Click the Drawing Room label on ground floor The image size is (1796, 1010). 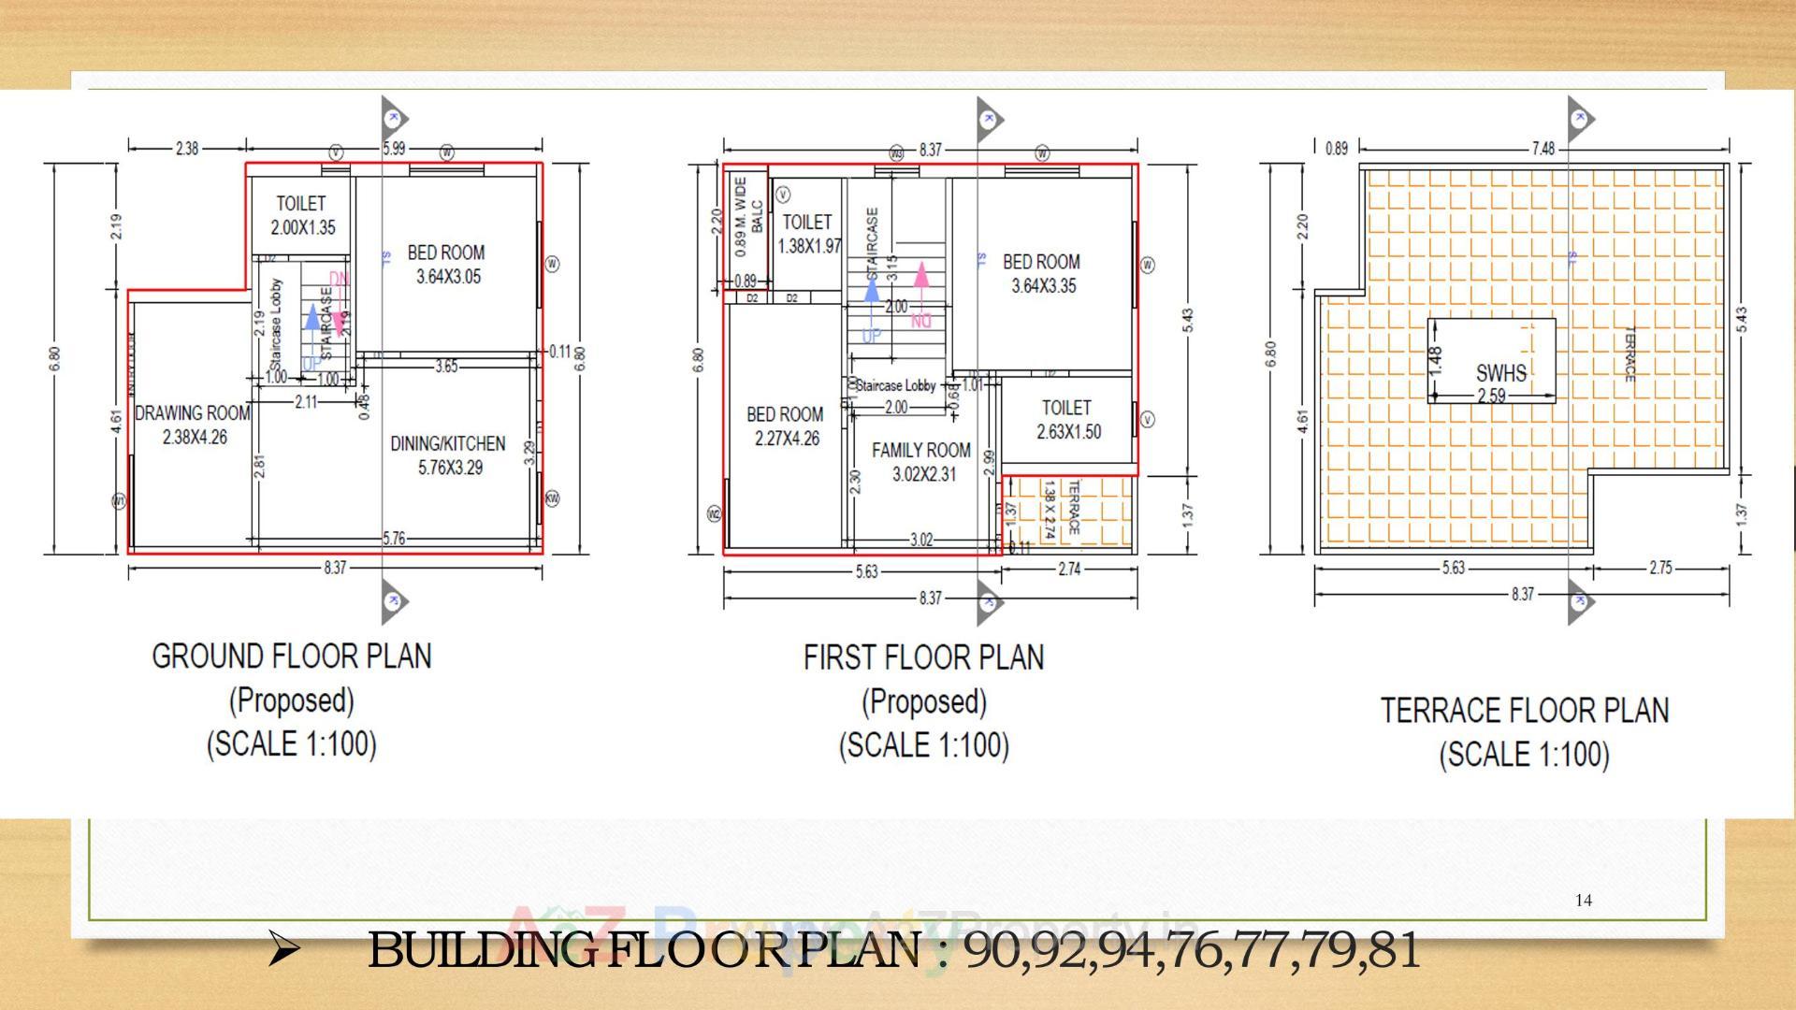[x=193, y=424]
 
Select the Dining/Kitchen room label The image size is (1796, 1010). [x=448, y=454]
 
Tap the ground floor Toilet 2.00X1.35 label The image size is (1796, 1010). [x=302, y=215]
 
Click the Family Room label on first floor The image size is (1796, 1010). [x=921, y=461]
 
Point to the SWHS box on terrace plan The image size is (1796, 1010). [x=1492, y=361]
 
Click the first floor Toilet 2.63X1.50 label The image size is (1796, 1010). [x=1067, y=419]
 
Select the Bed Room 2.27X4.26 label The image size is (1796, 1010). [x=785, y=426]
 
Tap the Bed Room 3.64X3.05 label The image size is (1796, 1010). [x=446, y=264]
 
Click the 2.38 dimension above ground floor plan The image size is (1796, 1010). [x=186, y=148]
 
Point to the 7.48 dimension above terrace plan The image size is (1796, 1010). [x=1543, y=148]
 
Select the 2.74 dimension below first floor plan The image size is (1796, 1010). [x=1069, y=568]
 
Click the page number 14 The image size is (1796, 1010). [x=1583, y=900]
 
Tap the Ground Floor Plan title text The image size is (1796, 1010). [x=292, y=656]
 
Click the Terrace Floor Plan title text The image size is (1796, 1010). [x=1525, y=711]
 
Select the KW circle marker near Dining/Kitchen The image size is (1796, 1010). [x=552, y=498]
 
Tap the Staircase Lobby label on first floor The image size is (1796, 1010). [x=895, y=385]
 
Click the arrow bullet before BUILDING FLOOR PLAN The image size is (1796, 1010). [x=283, y=950]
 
